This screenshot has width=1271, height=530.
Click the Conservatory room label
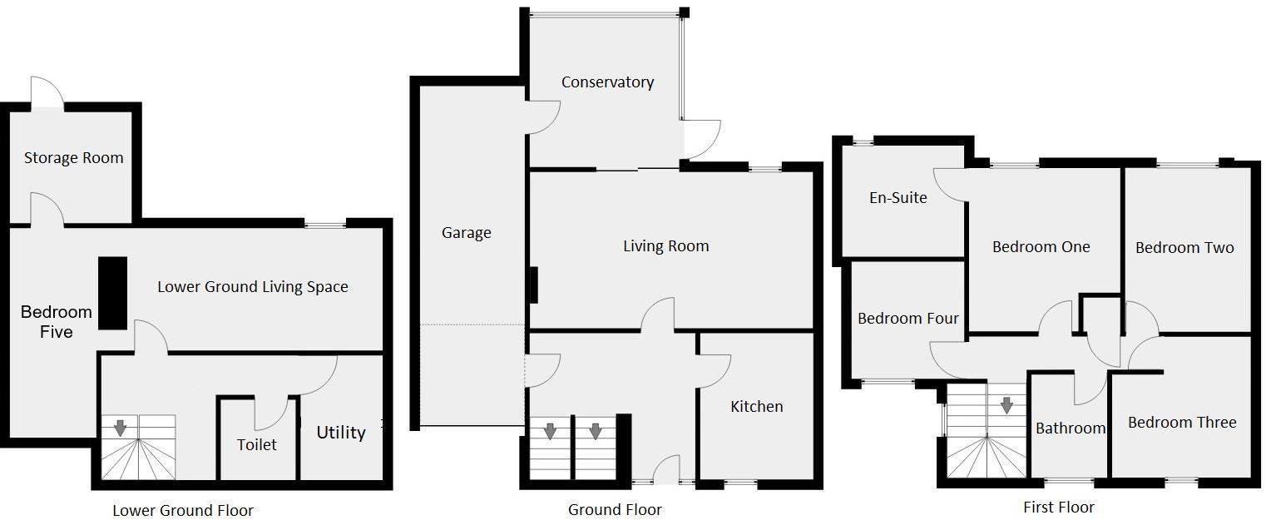(607, 82)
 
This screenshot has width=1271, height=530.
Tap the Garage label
(466, 233)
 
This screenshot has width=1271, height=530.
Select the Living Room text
(665, 246)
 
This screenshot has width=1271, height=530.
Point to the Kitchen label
(756, 407)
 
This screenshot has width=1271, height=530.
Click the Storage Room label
(73, 158)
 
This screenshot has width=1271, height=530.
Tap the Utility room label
(340, 433)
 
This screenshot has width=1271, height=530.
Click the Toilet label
(256, 445)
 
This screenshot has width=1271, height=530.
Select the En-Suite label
(898, 198)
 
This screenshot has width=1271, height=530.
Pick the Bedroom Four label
(908, 319)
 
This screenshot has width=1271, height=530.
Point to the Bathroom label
(1070, 428)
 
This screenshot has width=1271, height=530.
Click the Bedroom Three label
(1181, 423)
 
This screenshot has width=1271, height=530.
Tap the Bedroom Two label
(1184, 248)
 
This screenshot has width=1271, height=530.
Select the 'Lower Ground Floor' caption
(183, 511)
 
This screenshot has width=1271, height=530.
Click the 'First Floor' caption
(1058, 508)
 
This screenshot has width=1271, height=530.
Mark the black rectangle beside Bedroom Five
(112, 293)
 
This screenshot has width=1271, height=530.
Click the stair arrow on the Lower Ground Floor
(120, 428)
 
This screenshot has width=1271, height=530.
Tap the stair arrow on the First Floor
(1006, 405)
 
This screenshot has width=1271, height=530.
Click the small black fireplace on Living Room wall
(534, 285)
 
